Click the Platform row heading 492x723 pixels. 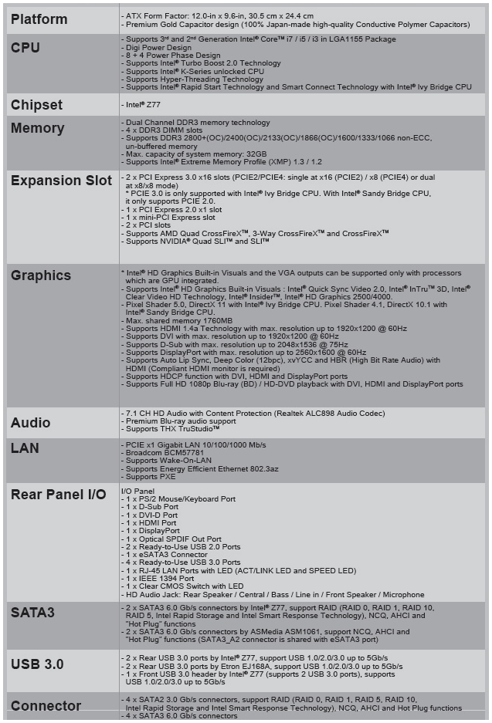pos(39,19)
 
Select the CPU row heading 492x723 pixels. pos(25,48)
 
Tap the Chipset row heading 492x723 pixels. pos(37,105)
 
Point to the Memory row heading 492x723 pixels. pos(37,129)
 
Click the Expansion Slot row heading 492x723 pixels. pos(62,181)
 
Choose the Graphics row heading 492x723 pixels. pos(41,275)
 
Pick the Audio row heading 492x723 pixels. pos(31,423)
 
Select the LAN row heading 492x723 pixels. pos(25,448)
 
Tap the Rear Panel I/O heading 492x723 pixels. pos(59,495)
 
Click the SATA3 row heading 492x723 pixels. pos(32,613)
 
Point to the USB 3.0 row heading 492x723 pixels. pos(37,664)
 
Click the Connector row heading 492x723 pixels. pos(46,706)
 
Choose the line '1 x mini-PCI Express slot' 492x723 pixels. pos(170,218)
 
